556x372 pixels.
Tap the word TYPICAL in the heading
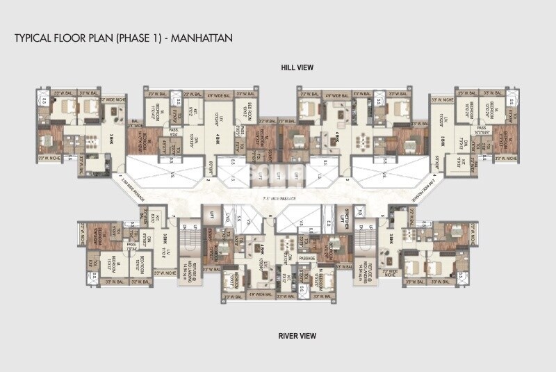pyautogui.click(x=33, y=37)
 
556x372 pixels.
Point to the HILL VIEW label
pyautogui.click(x=297, y=67)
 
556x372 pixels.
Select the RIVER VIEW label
pyautogui.click(x=297, y=336)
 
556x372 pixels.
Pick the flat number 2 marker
pyautogui.click(x=207, y=179)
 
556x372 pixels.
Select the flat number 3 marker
pyautogui.click(x=347, y=179)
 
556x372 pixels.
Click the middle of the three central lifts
pyautogui.click(x=279, y=175)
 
